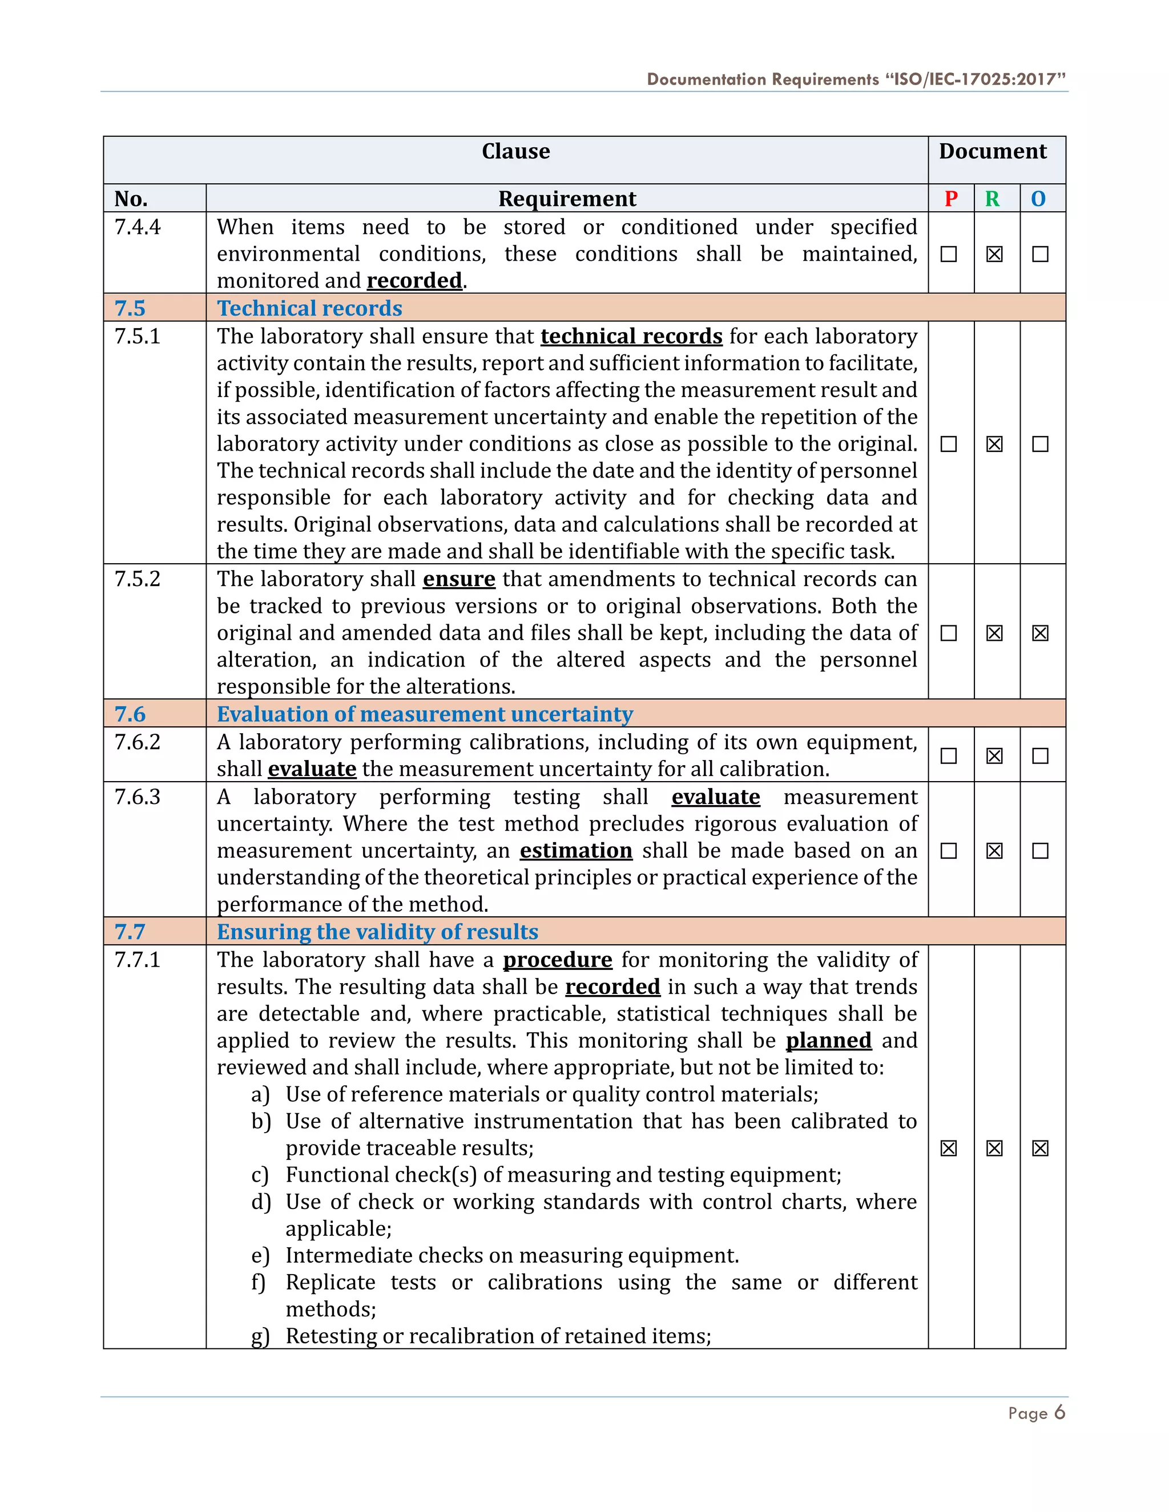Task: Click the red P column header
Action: (x=951, y=199)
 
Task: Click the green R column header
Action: (x=993, y=199)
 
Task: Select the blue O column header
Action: (x=1038, y=199)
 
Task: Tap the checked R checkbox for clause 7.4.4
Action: (x=994, y=254)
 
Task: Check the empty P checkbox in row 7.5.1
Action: (x=949, y=444)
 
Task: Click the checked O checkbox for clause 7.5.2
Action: (x=1039, y=633)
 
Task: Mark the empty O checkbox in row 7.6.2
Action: (x=1039, y=755)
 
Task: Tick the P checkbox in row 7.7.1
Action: (x=949, y=1148)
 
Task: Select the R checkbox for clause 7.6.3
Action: (x=994, y=850)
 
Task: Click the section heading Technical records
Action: (x=309, y=308)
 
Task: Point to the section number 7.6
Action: (x=130, y=714)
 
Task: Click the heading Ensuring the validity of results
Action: (x=377, y=932)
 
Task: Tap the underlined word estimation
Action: (x=575, y=850)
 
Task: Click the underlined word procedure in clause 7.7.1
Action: (x=558, y=960)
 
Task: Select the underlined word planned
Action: (x=828, y=1041)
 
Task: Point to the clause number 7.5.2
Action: (x=137, y=579)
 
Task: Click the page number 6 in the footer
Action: (x=1059, y=1412)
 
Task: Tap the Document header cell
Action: (x=993, y=152)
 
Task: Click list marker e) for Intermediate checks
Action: (x=260, y=1256)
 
